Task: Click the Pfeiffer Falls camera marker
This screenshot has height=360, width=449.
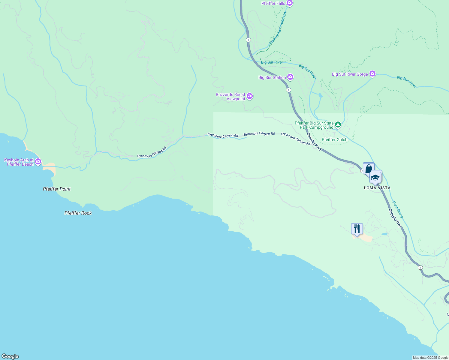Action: (289, 3)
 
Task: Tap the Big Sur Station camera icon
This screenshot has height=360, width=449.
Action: (290, 77)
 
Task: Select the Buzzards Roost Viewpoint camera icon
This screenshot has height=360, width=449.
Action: (250, 96)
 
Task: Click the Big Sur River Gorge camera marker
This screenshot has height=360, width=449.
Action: (372, 74)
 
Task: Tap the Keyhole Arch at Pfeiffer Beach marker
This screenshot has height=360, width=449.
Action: (38, 162)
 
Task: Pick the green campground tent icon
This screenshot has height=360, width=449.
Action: (338, 124)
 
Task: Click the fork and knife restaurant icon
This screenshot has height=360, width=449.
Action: (357, 229)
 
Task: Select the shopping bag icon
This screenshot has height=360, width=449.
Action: (369, 168)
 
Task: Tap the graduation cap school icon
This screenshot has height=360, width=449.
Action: (375, 177)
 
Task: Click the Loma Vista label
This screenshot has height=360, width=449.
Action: (377, 188)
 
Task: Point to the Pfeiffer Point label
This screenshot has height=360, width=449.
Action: (57, 189)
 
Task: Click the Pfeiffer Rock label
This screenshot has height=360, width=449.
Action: (78, 213)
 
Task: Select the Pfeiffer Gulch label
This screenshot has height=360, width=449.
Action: (334, 139)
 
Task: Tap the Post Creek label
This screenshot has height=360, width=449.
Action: (398, 210)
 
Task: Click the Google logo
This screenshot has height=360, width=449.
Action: (10, 356)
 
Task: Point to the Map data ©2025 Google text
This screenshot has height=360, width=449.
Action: (430, 358)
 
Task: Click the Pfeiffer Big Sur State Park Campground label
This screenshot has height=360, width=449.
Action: (314, 125)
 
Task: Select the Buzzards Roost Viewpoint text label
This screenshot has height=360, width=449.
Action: (231, 97)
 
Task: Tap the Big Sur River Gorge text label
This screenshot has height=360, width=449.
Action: (350, 74)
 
